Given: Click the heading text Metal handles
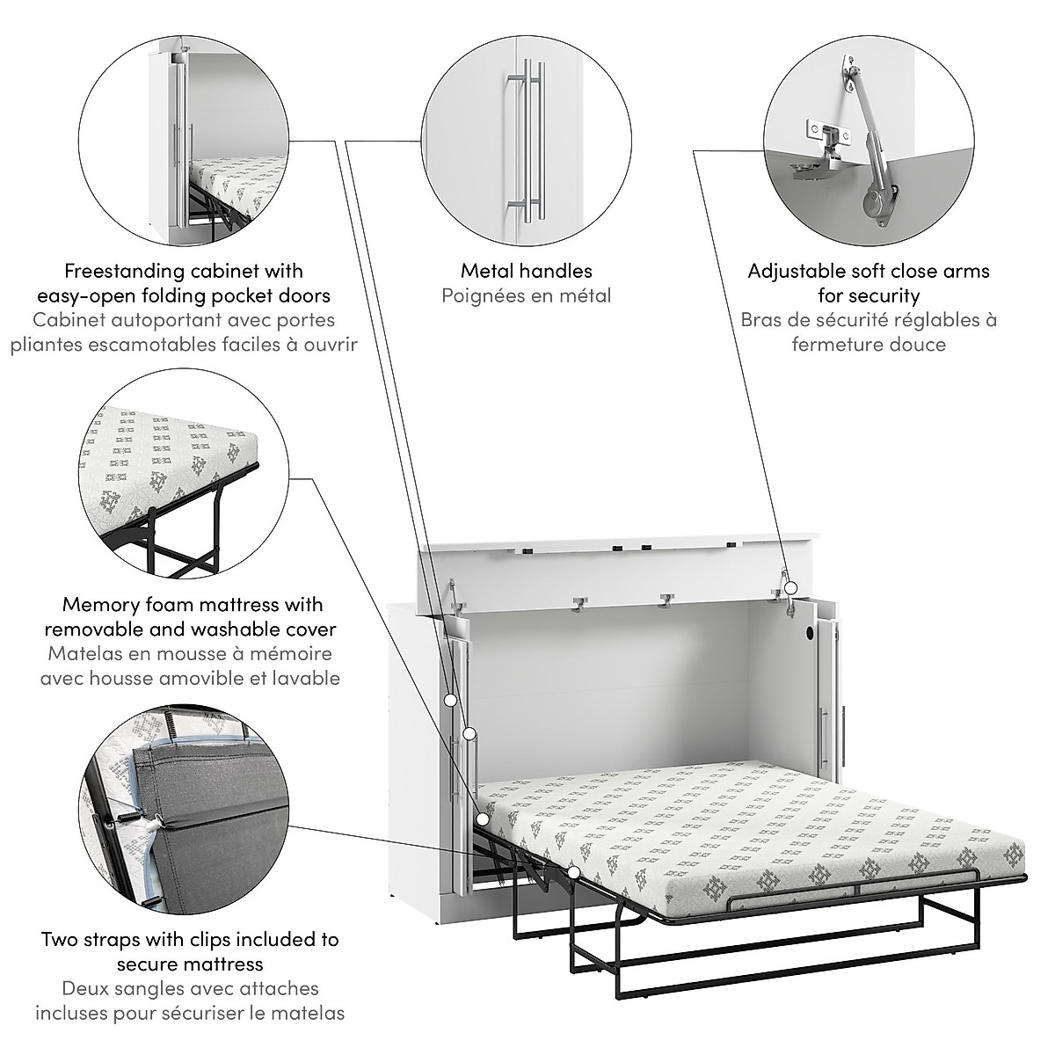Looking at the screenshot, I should click(526, 271).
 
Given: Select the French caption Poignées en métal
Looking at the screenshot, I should click(526, 295).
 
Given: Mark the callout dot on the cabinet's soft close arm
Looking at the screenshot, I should click(790, 586).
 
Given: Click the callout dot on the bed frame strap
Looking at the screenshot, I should click(573, 872).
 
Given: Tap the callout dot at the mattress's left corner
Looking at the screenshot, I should click(483, 819).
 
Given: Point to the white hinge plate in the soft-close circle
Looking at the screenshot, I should click(826, 132).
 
